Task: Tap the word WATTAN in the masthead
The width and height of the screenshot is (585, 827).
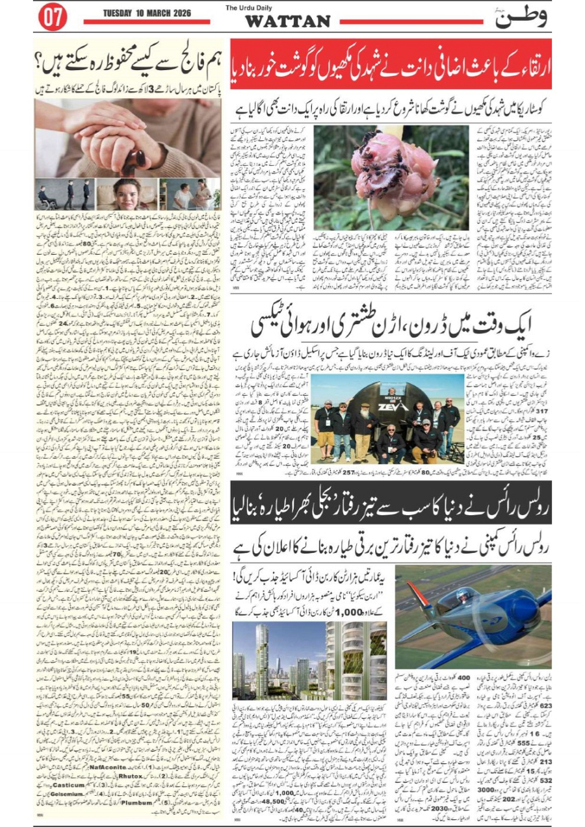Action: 287,21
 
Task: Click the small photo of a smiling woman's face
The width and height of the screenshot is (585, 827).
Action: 127,194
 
